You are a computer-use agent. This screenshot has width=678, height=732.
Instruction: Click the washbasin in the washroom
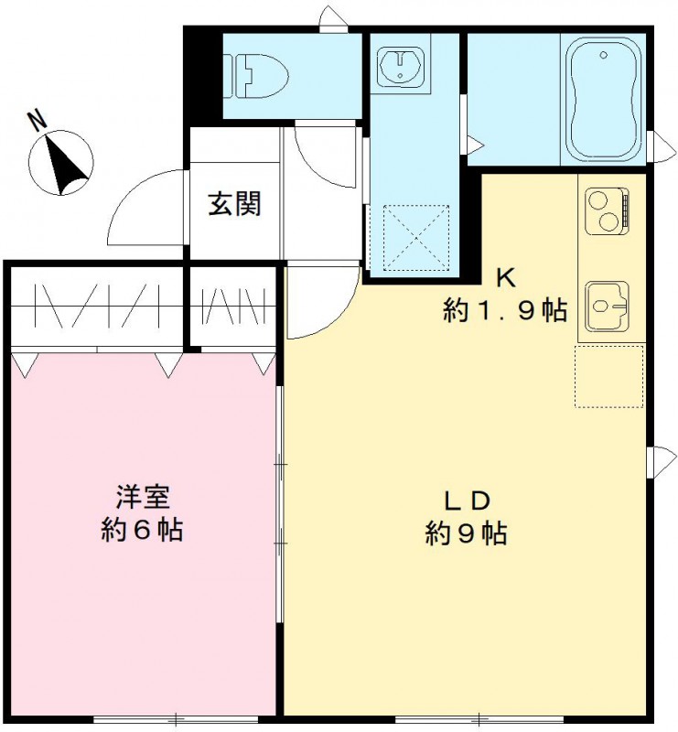click(399, 65)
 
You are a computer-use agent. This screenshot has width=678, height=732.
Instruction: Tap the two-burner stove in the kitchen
click(604, 209)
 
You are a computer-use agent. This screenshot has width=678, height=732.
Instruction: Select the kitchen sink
click(604, 303)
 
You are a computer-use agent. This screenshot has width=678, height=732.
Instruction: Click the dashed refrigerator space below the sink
click(609, 376)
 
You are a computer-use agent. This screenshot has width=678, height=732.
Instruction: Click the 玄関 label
click(234, 203)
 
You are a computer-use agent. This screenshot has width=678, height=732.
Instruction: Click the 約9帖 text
click(467, 533)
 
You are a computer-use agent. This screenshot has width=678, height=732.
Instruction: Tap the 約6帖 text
click(141, 530)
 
